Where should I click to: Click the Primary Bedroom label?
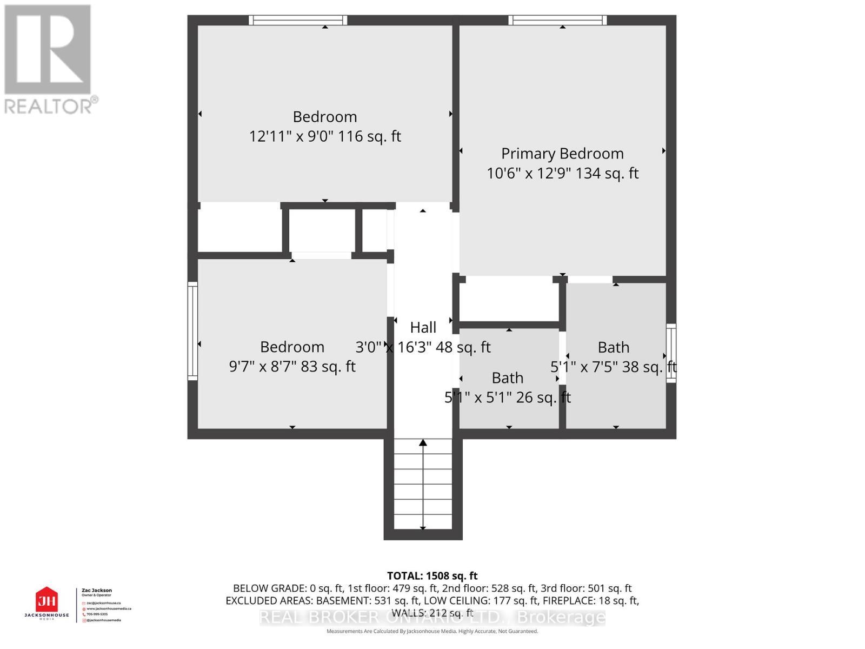pyautogui.click(x=562, y=154)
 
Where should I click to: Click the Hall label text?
pyautogui.click(x=423, y=327)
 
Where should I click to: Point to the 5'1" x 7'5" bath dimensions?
pyautogui.click(x=613, y=367)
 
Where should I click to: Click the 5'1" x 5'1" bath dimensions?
pyautogui.click(x=507, y=398)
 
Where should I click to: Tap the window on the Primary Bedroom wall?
pyautogui.click(x=557, y=20)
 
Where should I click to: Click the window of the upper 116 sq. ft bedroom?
pyautogui.click(x=298, y=20)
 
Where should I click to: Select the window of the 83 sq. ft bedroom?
pyautogui.click(x=192, y=330)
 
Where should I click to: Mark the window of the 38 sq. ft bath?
pyautogui.click(x=671, y=353)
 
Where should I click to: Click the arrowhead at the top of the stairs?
pyautogui.click(x=423, y=443)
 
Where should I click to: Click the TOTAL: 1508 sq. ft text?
pyautogui.click(x=432, y=576)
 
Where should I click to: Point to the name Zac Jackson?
pyautogui.click(x=96, y=591)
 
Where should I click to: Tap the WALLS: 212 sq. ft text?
pyautogui.click(x=432, y=613)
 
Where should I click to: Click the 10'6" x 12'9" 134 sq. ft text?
pyautogui.click(x=562, y=174)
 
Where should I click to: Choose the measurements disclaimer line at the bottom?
pyautogui.click(x=432, y=631)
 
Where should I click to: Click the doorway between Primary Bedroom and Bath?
pyautogui.click(x=589, y=280)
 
